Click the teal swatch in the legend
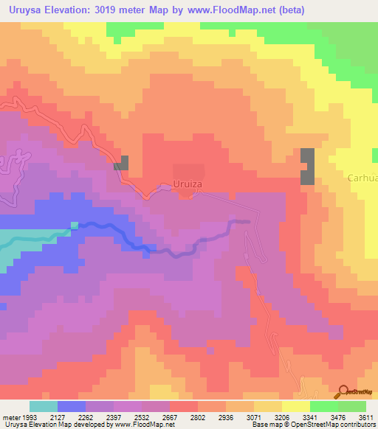click(x=44, y=405)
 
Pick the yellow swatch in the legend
click(x=296, y=405)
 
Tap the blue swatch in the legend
click(x=72, y=405)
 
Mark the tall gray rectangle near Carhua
click(x=307, y=166)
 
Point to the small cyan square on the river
click(x=74, y=225)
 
